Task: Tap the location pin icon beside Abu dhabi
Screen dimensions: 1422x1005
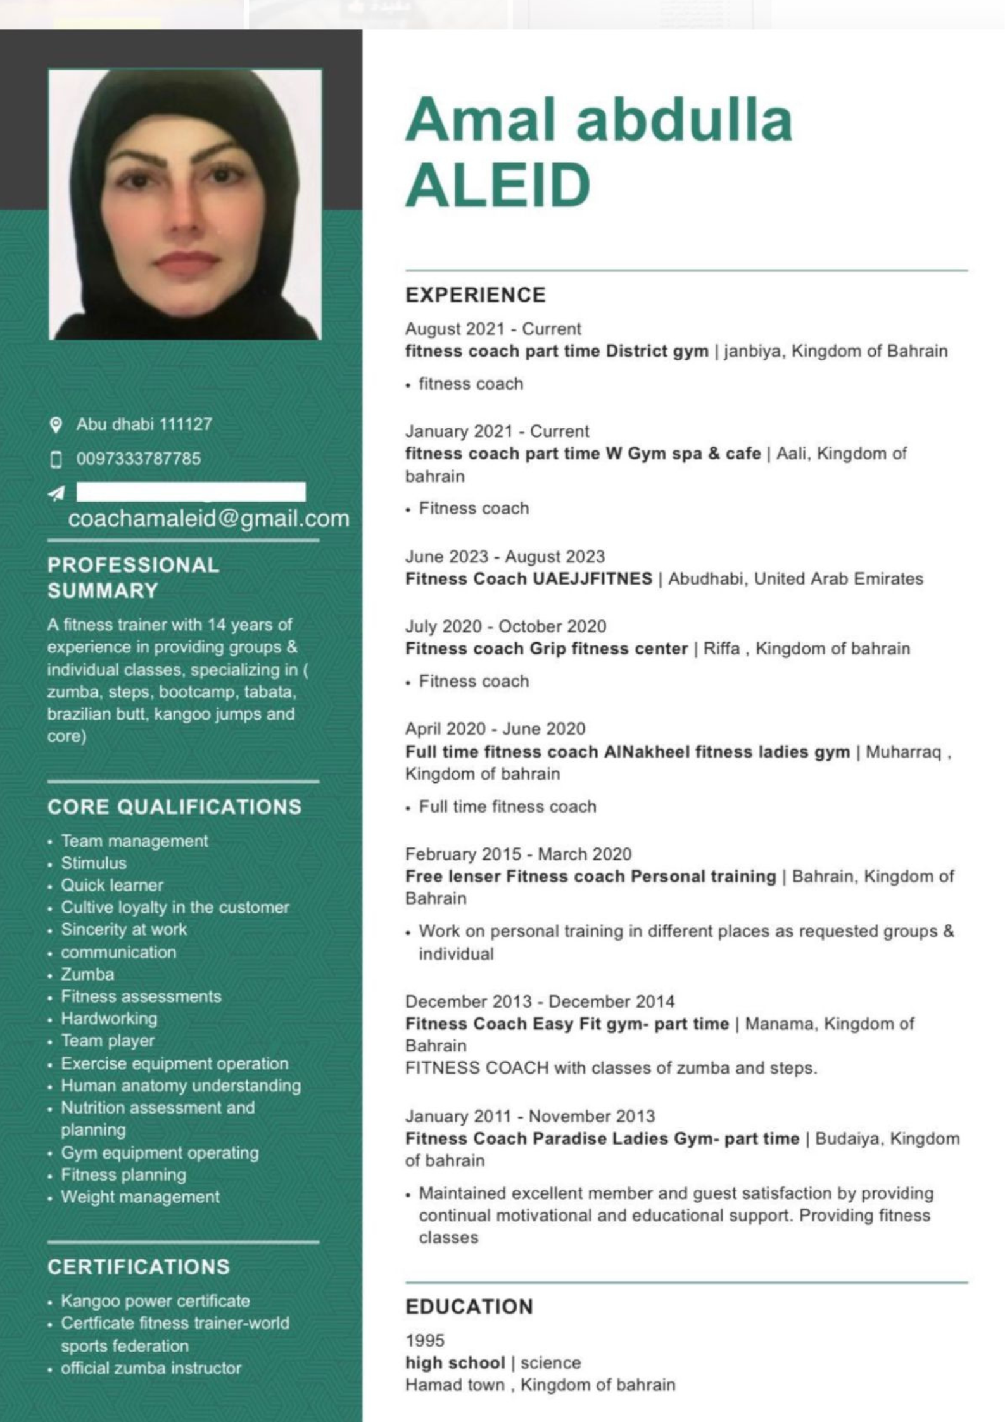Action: coord(56,424)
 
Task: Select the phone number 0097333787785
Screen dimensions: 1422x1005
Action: coord(138,459)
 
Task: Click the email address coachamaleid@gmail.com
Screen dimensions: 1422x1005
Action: coord(208,519)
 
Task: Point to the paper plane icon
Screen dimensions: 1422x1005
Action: coord(56,493)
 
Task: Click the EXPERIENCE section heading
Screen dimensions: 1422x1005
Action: coord(475,295)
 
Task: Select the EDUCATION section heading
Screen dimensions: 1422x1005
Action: coord(469,1307)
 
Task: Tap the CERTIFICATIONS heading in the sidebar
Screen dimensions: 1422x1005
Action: coord(138,1267)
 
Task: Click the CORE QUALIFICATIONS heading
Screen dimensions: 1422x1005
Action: coord(174,807)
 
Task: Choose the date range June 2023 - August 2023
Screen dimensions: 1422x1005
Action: coord(505,557)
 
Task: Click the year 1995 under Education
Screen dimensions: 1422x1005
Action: coord(425,1340)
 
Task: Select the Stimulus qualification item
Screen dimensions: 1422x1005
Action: coord(94,863)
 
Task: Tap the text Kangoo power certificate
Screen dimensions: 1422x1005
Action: coord(155,1301)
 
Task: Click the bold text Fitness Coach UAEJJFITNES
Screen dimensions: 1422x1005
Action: coord(528,579)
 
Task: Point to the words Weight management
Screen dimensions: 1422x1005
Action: coord(140,1197)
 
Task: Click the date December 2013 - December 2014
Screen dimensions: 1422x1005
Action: coord(540,1001)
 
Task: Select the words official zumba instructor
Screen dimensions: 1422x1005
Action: coord(151,1368)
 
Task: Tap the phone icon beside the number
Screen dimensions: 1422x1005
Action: coord(56,459)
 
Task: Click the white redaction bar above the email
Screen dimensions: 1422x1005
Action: coord(191,492)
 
